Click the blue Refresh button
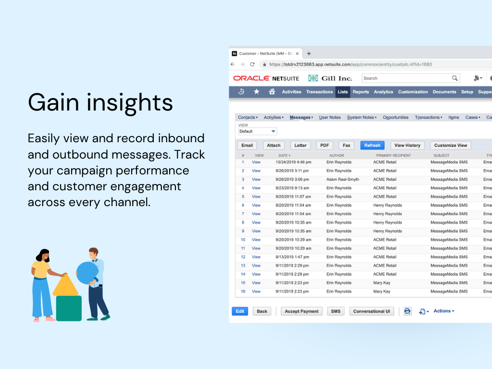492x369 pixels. (x=372, y=145)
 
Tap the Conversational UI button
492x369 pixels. (x=371, y=311)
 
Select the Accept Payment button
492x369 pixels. (x=302, y=311)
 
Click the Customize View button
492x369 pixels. (x=451, y=145)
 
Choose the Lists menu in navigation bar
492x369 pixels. (x=343, y=92)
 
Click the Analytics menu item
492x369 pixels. (x=383, y=92)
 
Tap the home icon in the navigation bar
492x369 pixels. (x=272, y=92)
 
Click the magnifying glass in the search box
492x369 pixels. (x=455, y=78)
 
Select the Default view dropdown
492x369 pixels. (x=258, y=132)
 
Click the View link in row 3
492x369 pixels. (x=256, y=180)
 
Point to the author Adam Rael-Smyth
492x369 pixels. (x=343, y=180)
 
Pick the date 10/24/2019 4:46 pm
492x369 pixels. (x=294, y=162)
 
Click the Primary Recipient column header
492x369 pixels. (x=394, y=156)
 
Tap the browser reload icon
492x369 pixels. (x=252, y=64)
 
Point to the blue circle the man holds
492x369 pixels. (x=87, y=273)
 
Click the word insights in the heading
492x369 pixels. (x=130, y=102)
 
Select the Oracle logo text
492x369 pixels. (x=252, y=78)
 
